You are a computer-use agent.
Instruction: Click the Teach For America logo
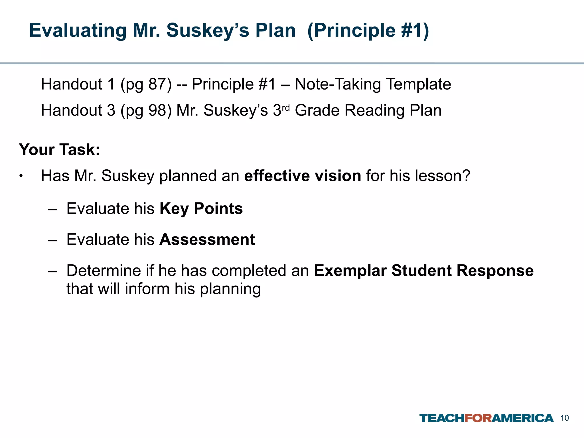tap(486, 418)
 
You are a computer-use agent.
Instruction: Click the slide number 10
tap(565, 418)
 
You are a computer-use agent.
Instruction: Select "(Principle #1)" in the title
tap(368, 30)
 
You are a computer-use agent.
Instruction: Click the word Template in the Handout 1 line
tap(418, 84)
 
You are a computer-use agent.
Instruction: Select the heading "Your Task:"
tap(59, 149)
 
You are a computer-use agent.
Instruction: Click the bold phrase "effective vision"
tap(303, 176)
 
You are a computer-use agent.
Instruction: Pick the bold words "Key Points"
tap(201, 208)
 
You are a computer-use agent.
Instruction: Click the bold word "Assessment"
tap(207, 239)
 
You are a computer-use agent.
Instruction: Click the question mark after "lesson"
tap(465, 176)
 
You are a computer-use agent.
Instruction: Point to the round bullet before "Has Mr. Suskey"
tap(21, 176)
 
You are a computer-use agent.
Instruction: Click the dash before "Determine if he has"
tap(52, 271)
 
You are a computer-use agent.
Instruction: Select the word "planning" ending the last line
tap(230, 289)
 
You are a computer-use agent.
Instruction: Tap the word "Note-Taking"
tap(338, 84)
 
